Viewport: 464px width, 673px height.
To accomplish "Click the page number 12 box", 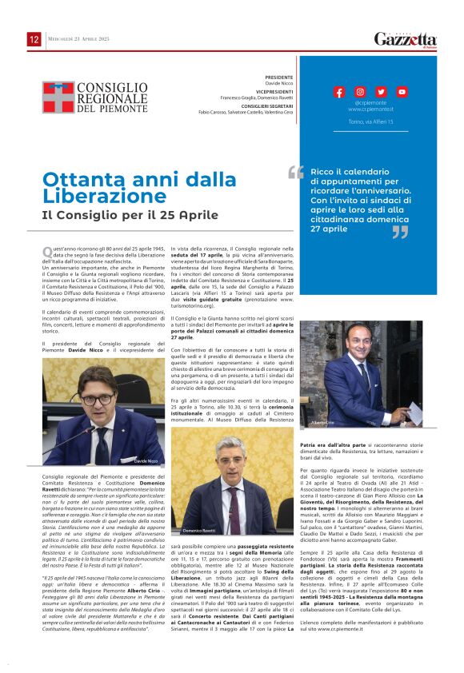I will pos(34,39).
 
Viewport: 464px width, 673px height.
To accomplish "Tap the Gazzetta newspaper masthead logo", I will pos(406,40).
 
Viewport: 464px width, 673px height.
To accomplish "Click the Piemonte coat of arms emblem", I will pos(57,97).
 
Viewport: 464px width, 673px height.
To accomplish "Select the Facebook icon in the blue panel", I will pos(339,92).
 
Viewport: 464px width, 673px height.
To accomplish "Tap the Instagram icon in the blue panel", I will pos(360,92).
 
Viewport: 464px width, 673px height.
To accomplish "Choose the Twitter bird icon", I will pos(381,92).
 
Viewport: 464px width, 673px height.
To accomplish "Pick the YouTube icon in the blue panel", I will pos(402,92).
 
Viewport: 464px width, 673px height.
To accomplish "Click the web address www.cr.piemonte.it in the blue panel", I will pos(370,109).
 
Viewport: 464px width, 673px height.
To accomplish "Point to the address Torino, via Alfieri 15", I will pos(370,121).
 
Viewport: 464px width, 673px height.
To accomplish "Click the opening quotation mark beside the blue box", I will pos(296,173).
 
